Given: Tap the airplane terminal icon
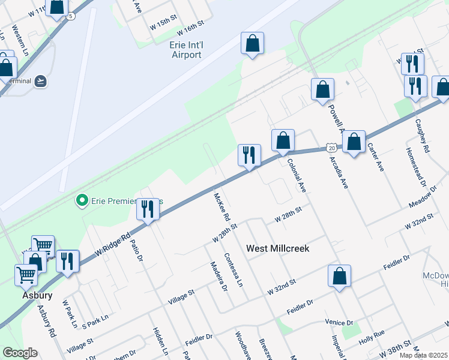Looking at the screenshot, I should coord(40,81).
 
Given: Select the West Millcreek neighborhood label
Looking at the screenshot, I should coord(278,248).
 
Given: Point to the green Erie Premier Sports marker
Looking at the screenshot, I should coord(82,200).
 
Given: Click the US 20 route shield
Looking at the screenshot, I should coord(331,146).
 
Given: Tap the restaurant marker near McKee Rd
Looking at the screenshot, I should coord(249,155).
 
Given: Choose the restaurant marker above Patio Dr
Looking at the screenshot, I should coord(148,209).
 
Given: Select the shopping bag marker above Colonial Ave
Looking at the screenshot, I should coord(283,140).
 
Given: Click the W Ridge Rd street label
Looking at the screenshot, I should coord(112,246).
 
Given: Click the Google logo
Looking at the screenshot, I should coord(20,353).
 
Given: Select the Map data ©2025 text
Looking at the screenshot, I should coord(422,355).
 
